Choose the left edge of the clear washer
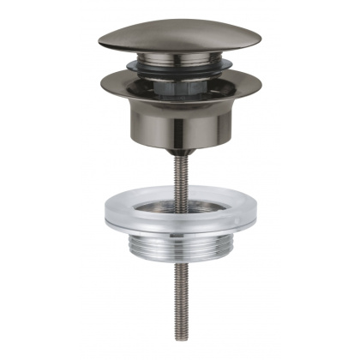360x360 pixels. [107, 214]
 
